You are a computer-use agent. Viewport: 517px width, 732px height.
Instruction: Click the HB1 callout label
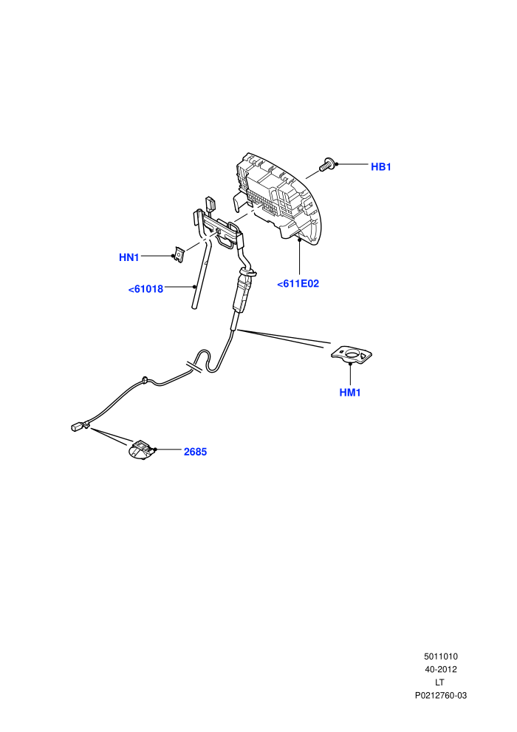(x=381, y=166)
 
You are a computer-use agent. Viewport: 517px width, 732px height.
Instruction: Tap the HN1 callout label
(x=129, y=257)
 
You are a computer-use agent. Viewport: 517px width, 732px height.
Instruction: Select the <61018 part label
(x=146, y=289)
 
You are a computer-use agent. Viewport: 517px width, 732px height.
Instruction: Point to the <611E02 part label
(x=298, y=283)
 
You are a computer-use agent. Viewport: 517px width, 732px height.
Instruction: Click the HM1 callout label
(x=350, y=393)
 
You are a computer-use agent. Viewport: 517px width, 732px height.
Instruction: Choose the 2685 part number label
(x=195, y=452)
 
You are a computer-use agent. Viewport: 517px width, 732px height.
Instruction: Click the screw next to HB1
(x=326, y=165)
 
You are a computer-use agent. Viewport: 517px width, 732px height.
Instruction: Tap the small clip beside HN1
(x=179, y=255)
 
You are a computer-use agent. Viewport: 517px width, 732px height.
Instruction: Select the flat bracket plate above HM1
(x=352, y=355)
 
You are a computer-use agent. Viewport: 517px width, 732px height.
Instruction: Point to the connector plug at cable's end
(x=81, y=426)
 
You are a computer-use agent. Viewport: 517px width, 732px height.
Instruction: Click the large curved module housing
(x=278, y=197)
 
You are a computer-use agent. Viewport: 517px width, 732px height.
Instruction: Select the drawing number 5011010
(x=440, y=657)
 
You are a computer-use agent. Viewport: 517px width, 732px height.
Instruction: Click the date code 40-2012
(x=440, y=669)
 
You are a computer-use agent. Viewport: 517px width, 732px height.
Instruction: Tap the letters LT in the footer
(x=439, y=682)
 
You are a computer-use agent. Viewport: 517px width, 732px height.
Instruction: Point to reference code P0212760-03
(x=440, y=696)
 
